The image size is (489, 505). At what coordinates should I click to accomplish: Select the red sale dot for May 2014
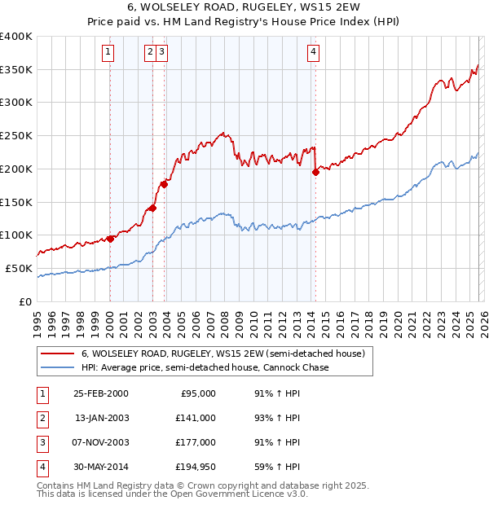[x=315, y=171]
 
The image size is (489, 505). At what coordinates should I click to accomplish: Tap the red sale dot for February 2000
[x=110, y=239]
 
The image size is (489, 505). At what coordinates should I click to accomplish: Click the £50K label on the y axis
[x=20, y=268]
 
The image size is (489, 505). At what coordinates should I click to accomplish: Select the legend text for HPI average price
[x=205, y=367]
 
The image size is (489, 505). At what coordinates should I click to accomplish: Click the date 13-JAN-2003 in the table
[x=101, y=417]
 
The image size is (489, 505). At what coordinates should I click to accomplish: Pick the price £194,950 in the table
[x=196, y=466]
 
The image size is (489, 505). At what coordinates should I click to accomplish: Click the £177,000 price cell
[x=196, y=441]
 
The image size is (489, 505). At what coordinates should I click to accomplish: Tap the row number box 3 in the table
[x=42, y=441]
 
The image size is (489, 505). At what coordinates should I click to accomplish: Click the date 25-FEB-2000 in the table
[x=101, y=393]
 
